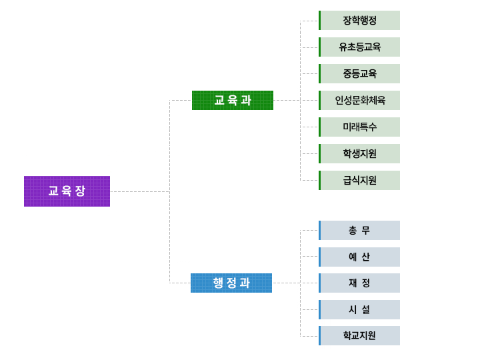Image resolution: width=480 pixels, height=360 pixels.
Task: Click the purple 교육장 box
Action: click(x=67, y=191)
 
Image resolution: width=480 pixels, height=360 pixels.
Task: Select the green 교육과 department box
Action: click(x=233, y=100)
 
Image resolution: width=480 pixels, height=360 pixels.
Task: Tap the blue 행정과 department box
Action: click(x=231, y=283)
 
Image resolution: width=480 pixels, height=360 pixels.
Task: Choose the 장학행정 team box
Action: click(x=360, y=20)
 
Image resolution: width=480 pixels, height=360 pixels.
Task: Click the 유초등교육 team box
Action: click(x=360, y=47)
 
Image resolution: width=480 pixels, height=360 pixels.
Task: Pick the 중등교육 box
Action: click(x=360, y=73)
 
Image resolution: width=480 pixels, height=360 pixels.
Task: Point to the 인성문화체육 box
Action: click(x=360, y=100)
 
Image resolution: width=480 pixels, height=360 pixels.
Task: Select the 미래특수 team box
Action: click(x=360, y=127)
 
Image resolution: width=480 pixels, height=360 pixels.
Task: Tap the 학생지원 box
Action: click(x=360, y=153)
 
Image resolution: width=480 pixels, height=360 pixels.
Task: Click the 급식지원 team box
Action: click(x=360, y=180)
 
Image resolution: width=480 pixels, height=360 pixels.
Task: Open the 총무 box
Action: click(x=360, y=230)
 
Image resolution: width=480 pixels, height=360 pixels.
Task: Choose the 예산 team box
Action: click(x=360, y=257)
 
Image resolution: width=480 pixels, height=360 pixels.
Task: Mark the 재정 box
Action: click(x=360, y=283)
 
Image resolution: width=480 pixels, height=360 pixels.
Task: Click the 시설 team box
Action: click(x=360, y=309)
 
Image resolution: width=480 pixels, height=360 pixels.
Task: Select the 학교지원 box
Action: click(x=360, y=335)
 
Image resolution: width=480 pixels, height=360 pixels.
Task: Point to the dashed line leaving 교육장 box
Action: click(x=140, y=191)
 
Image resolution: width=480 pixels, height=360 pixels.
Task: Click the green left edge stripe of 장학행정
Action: click(x=319, y=20)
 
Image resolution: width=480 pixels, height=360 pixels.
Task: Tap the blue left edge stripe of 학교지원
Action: click(x=319, y=335)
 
